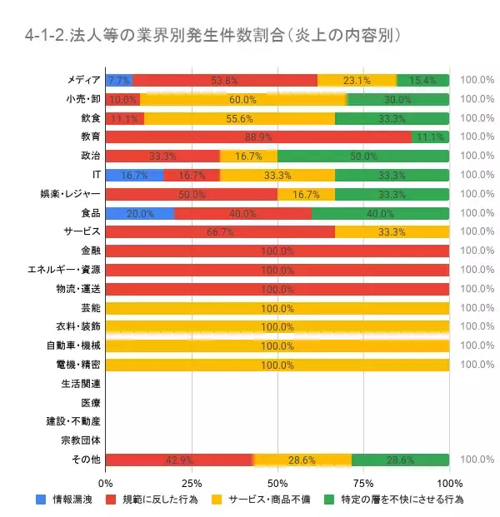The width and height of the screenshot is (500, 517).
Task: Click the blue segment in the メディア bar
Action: pos(119,81)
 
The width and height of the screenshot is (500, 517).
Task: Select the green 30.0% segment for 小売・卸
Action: pos(398,99)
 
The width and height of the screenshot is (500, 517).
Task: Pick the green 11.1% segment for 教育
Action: pos(430,137)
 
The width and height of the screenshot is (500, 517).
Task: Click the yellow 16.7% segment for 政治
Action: pos(248,156)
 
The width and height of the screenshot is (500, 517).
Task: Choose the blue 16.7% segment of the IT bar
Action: pos(134,175)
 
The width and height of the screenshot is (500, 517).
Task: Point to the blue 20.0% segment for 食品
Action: pos(140,213)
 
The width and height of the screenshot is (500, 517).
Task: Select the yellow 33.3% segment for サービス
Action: pos(392,231)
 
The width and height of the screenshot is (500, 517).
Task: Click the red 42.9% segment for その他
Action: pos(179,460)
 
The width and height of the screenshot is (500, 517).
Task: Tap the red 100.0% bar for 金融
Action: pos(277,251)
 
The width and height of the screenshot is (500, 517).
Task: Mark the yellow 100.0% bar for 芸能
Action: pos(277,307)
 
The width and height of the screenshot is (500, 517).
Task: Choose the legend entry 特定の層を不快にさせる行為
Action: pos(391,500)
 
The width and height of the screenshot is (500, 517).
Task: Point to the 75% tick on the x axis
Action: pos(363,482)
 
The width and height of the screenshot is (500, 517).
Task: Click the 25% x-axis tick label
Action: pos(192,482)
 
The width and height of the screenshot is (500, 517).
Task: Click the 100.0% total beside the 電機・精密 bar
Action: pos(477,365)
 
